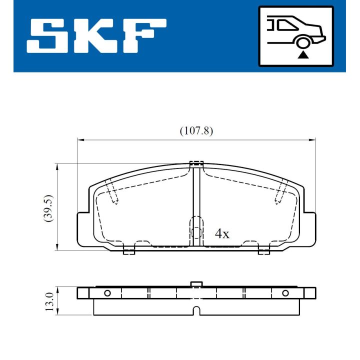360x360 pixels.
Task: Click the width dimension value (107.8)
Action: (196, 131)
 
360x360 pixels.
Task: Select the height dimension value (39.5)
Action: (48, 208)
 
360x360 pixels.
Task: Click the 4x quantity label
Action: (221, 233)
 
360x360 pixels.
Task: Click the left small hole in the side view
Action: (107, 293)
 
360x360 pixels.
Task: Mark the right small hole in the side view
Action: (285, 293)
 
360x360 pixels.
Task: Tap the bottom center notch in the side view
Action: (196, 311)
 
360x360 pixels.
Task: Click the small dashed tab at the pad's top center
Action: (196, 163)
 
